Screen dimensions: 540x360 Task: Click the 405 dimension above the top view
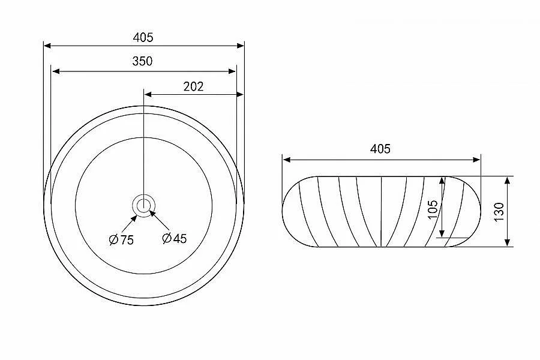pyautogui.click(x=143, y=37)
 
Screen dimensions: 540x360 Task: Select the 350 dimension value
pyautogui.click(x=142, y=61)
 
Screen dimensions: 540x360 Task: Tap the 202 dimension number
pyautogui.click(x=193, y=86)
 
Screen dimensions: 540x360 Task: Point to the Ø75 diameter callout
pyautogui.click(x=121, y=239)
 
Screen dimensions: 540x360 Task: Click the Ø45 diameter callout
pyautogui.click(x=174, y=238)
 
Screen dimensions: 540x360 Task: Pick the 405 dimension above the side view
pyautogui.click(x=380, y=149)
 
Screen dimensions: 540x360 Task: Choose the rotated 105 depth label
pyautogui.click(x=433, y=209)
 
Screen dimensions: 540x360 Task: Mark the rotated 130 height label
pyautogui.click(x=499, y=212)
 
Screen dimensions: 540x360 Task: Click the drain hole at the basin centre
pyautogui.click(x=143, y=206)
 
